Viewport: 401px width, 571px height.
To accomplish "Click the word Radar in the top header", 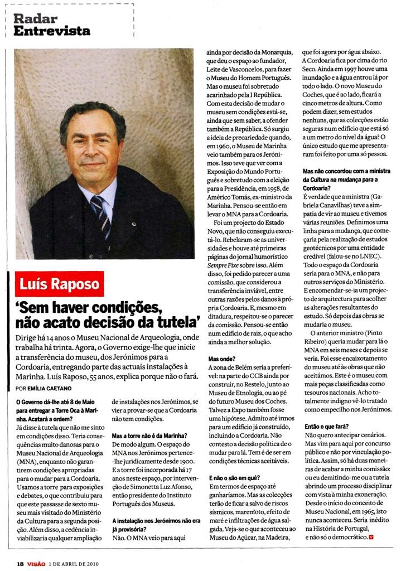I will (x=35, y=19).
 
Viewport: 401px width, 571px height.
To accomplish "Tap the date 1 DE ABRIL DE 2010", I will (x=74, y=562).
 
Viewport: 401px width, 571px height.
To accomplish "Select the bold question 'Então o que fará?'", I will (x=327, y=425).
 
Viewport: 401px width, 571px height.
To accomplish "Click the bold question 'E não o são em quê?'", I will (x=231, y=478).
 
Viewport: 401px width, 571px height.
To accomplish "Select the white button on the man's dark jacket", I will (x=134, y=224).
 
